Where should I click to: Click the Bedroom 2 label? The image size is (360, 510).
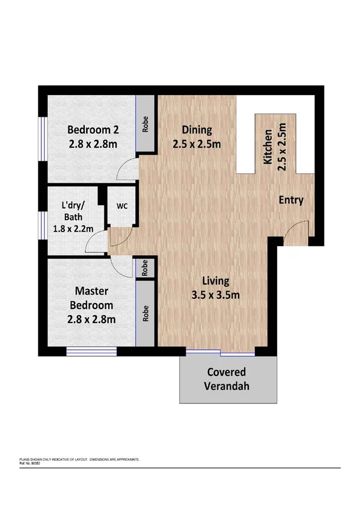tap(91, 136)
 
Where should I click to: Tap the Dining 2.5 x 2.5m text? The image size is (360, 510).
tap(197, 137)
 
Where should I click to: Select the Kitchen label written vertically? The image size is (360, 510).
tap(274, 147)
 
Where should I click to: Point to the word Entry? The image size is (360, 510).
tap(291, 200)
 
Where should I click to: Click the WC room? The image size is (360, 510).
tap(122, 206)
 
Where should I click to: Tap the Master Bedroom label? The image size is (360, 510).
tap(91, 306)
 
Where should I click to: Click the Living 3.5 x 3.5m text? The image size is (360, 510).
tap(216, 287)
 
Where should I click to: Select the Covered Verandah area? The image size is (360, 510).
tap(228, 378)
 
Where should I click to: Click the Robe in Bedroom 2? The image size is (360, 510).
tap(146, 124)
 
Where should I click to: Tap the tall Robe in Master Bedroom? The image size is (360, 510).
tap(146, 313)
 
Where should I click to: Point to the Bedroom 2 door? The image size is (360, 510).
tap(127, 171)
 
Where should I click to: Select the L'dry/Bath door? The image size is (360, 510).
tap(96, 244)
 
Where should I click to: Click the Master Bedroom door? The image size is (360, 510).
tap(123, 265)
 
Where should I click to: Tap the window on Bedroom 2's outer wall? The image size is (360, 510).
tap(41, 139)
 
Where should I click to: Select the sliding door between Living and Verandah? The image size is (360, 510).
tap(220, 351)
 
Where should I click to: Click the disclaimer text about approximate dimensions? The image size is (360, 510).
tap(80, 459)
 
